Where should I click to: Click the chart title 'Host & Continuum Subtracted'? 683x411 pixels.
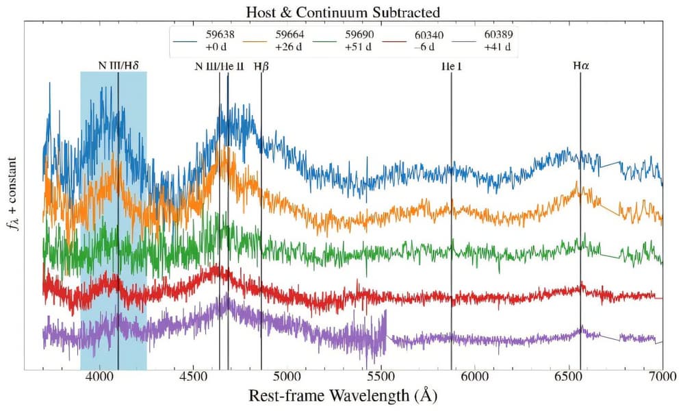[343, 12]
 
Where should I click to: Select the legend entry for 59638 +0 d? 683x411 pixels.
[204, 40]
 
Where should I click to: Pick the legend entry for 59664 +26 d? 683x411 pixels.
[274, 40]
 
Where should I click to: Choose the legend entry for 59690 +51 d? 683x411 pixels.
[344, 40]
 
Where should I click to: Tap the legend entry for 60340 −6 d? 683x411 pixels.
[413, 40]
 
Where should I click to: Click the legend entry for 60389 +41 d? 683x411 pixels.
[482, 40]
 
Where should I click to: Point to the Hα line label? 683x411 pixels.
[581, 66]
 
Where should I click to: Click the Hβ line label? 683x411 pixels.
[261, 66]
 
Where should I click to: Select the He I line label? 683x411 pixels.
[451, 66]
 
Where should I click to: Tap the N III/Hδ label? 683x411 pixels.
[118, 65]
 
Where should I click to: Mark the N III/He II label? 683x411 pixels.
[219, 66]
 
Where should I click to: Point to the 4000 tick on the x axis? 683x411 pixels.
[100, 376]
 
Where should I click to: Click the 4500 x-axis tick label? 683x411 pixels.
[194, 376]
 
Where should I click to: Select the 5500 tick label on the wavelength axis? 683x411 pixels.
[381, 376]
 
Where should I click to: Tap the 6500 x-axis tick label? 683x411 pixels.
[569, 376]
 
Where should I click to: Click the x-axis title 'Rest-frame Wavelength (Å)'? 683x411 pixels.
[343, 396]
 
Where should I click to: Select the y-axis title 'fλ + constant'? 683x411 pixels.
[12, 194]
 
